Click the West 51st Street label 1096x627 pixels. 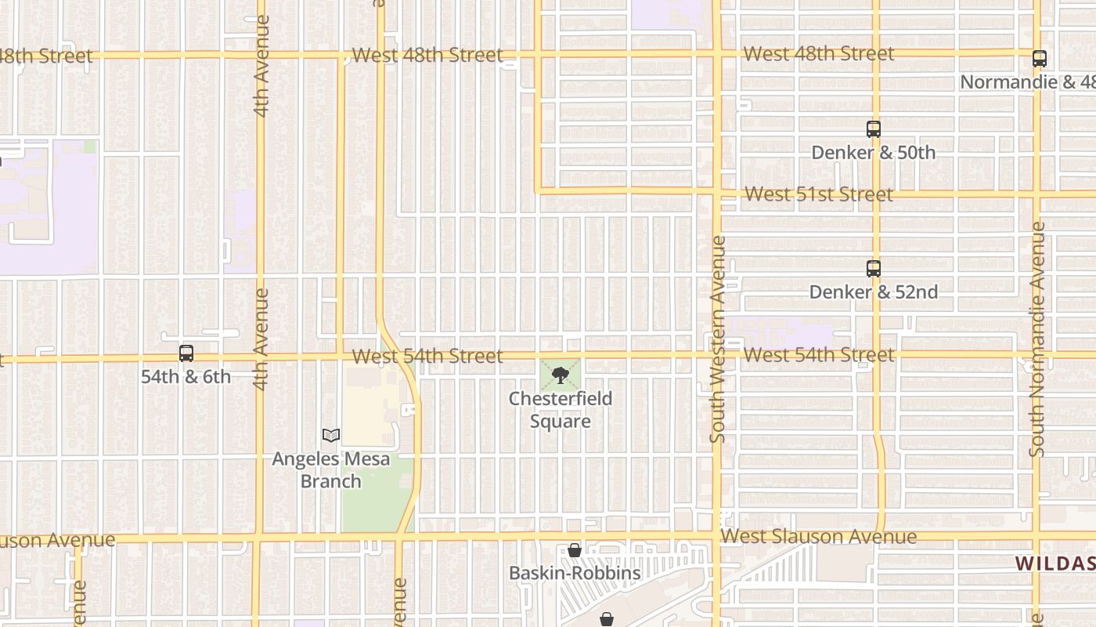pyautogui.click(x=818, y=194)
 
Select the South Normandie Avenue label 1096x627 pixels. pyautogui.click(x=1037, y=339)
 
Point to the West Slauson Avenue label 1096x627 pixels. pyautogui.click(x=818, y=537)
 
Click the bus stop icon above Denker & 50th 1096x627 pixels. pyautogui.click(x=874, y=129)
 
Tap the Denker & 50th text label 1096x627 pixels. pyautogui.click(x=873, y=152)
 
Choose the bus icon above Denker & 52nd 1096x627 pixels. pyautogui.click(x=874, y=269)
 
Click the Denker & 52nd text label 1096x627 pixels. pyautogui.click(x=873, y=292)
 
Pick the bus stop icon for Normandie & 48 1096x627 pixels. pyautogui.click(x=1039, y=59)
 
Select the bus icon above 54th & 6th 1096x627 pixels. pyautogui.click(x=186, y=353)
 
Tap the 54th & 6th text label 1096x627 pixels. pyautogui.click(x=186, y=377)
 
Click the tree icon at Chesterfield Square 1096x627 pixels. pyautogui.click(x=560, y=376)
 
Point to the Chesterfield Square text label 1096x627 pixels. pyautogui.click(x=560, y=410)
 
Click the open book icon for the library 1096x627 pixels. pyautogui.click(x=331, y=435)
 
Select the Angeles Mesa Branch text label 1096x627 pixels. pyautogui.click(x=330, y=469)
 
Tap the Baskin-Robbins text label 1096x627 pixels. pyautogui.click(x=575, y=573)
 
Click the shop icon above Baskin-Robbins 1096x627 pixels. pyautogui.click(x=575, y=551)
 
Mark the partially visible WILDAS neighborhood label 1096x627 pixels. pyautogui.click(x=1055, y=564)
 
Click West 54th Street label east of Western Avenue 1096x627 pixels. pyautogui.click(x=818, y=355)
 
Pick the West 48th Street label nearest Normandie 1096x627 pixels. pyautogui.click(x=818, y=54)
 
